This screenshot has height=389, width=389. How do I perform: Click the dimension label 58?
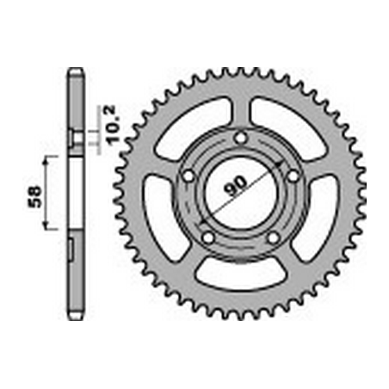click(34, 197)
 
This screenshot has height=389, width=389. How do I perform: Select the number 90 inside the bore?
click(235, 186)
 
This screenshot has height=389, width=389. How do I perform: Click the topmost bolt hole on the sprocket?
click(240, 139)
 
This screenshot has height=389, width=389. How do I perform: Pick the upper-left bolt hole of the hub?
click(188, 176)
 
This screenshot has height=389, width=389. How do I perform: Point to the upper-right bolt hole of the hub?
click(293, 176)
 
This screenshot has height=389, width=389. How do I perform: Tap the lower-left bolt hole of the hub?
click(208, 238)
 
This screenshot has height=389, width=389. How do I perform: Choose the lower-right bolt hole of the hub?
click(274, 238)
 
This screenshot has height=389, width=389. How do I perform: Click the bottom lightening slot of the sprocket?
click(241, 275)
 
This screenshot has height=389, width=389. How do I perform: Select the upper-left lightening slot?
click(192, 124)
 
